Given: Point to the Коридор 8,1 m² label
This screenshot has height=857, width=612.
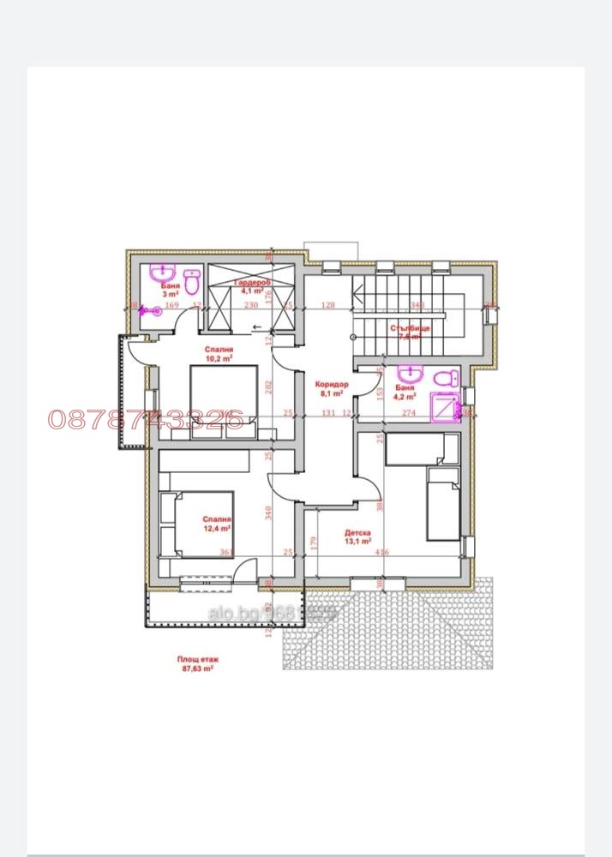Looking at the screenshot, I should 331,390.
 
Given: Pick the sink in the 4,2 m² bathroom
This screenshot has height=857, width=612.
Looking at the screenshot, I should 410,375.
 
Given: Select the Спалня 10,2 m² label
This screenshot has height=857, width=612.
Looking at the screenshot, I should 220,354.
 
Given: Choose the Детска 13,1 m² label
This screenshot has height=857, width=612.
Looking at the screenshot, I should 357,536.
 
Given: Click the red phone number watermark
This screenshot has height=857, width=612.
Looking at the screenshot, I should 146,418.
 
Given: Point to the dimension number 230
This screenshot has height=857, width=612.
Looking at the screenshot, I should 251,304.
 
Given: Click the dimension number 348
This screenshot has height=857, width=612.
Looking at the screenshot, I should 417,304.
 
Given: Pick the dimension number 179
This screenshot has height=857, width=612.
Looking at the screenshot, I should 315,541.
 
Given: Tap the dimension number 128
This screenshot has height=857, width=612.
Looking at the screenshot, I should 327,304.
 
